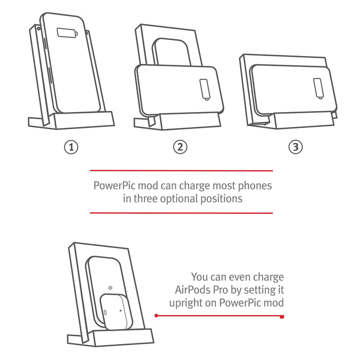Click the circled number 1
click(x=71, y=147)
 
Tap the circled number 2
click(x=179, y=147)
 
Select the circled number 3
click(x=295, y=147)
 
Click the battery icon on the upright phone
click(x=67, y=33)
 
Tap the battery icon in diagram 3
click(x=318, y=87)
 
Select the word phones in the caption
click(x=253, y=185)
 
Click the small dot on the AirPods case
click(x=120, y=310)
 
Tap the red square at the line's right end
click(x=281, y=316)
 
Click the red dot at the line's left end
click(x=156, y=315)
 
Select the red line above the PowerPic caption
click(x=181, y=171)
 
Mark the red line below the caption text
click(x=181, y=212)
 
